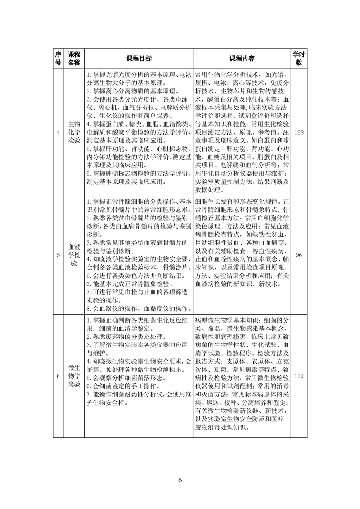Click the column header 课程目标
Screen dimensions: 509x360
click(x=139, y=59)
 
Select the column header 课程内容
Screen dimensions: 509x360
click(x=242, y=59)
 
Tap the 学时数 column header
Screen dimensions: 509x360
click(x=299, y=59)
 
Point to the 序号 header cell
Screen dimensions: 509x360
click(x=58, y=59)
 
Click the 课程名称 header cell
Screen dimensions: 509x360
click(x=74, y=59)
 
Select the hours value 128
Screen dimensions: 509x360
click(x=299, y=132)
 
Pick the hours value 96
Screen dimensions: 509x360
click(x=299, y=255)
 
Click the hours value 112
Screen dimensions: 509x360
click(x=299, y=376)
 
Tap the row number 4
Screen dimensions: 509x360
click(x=58, y=132)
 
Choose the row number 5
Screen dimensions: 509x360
click(x=58, y=255)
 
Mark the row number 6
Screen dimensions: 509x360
click(x=58, y=376)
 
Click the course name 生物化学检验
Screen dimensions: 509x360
click(x=74, y=132)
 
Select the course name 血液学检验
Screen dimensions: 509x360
click(x=74, y=255)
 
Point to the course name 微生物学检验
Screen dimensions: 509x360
click(x=74, y=376)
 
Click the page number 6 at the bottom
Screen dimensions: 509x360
click(x=180, y=480)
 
